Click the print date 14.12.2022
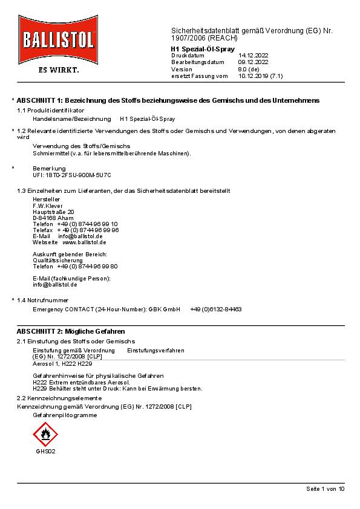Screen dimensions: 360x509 click(x=253, y=56)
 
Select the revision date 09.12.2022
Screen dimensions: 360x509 click(x=253, y=62)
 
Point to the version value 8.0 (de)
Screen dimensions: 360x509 click(x=248, y=70)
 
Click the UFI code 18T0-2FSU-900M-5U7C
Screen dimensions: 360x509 click(x=72, y=174)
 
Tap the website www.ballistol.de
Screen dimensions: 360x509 click(x=84, y=242)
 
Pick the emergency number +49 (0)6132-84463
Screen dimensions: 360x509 click(x=215, y=309)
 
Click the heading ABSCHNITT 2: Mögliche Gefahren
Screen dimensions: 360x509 click(x=71, y=332)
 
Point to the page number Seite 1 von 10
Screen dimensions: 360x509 click(x=325, y=488)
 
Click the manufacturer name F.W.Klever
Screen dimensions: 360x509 click(x=48, y=206)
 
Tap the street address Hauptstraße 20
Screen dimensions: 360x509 click(x=53, y=212)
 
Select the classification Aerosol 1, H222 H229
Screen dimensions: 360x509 click(x=62, y=363)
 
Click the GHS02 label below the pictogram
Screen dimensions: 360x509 click(x=45, y=451)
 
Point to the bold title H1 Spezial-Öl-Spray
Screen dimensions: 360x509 click(x=203, y=48)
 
